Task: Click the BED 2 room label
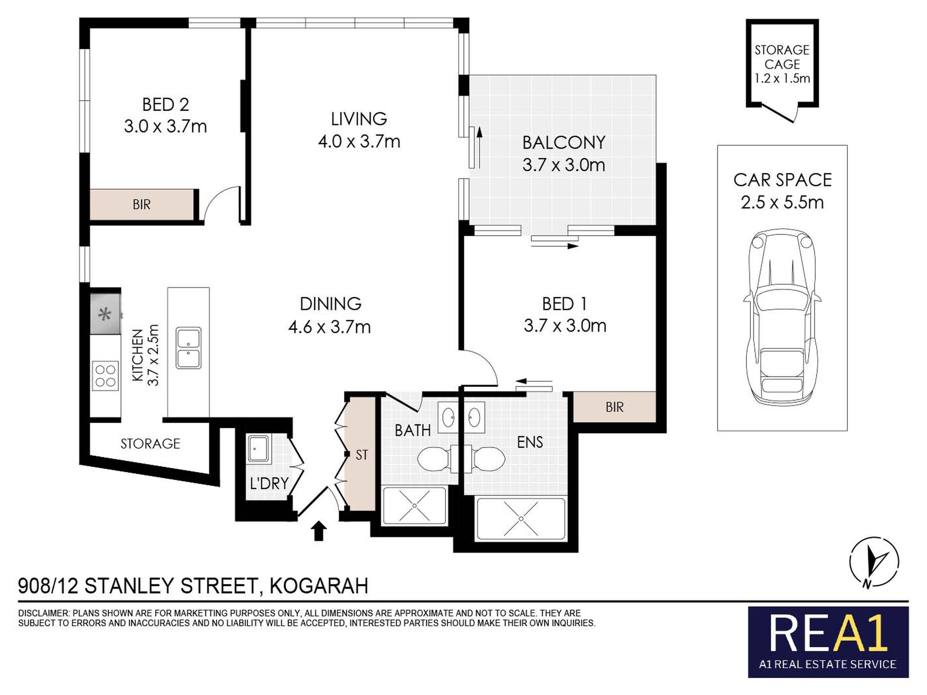(x=165, y=105)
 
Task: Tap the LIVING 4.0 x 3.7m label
(x=359, y=130)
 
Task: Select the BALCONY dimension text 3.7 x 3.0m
(x=564, y=165)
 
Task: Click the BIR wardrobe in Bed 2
(x=141, y=204)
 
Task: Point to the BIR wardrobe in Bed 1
(x=614, y=407)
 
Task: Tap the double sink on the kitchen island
(x=188, y=348)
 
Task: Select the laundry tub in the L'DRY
(x=258, y=449)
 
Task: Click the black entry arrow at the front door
(x=319, y=531)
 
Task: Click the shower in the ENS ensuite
(x=521, y=518)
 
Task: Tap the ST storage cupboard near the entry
(x=361, y=455)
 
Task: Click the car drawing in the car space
(x=782, y=317)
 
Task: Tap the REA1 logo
(x=828, y=635)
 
